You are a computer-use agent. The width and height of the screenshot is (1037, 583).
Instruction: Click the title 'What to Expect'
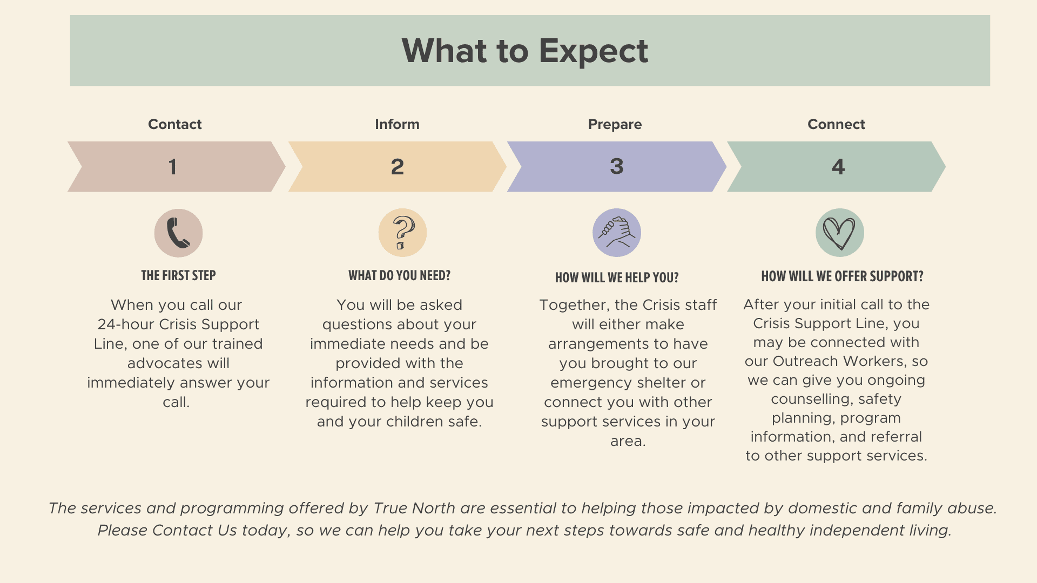[524, 51]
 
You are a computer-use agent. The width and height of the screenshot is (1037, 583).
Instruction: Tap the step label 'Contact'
[174, 124]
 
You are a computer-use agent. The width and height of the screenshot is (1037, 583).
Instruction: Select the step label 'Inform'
[397, 124]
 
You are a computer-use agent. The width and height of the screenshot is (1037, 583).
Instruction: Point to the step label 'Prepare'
[615, 124]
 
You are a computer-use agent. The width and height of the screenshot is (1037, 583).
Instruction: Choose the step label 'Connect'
[836, 124]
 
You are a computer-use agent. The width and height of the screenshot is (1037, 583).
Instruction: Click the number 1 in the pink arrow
[172, 167]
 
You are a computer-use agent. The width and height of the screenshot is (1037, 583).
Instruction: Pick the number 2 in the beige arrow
[397, 167]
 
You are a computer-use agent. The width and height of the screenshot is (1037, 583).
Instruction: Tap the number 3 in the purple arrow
[616, 166]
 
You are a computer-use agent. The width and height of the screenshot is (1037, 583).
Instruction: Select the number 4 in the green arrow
[838, 167]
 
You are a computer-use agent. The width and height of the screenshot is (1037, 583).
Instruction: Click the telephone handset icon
[178, 233]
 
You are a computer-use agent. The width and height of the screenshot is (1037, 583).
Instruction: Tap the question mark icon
[403, 232]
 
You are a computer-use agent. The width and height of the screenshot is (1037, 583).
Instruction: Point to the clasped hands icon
[617, 232]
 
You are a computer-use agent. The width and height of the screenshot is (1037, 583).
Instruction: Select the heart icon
[839, 233]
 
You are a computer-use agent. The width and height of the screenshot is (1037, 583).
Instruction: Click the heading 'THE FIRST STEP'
[178, 276]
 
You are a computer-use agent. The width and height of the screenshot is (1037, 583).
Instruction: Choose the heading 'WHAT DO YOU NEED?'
[399, 276]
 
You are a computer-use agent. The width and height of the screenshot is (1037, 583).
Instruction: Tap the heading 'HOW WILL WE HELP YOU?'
[617, 278]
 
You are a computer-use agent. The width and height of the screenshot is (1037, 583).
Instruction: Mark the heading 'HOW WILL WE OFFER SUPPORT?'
[842, 277]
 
